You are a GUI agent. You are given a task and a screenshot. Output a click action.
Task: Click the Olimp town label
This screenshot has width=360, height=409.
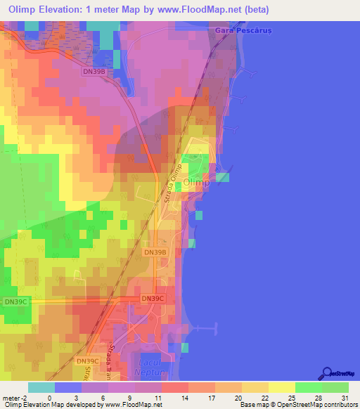coord(196,183)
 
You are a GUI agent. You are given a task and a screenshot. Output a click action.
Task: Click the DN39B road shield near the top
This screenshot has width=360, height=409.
coord(94,71)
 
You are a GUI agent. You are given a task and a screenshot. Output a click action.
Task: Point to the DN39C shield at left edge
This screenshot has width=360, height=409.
coord(15,301)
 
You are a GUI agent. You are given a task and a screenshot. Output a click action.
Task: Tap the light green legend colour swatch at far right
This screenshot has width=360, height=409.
coord(335,387)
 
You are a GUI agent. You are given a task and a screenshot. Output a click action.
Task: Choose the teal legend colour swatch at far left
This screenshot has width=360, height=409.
coord(41,387)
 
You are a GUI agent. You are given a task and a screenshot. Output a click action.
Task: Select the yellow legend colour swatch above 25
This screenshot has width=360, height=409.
coord(281,387)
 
